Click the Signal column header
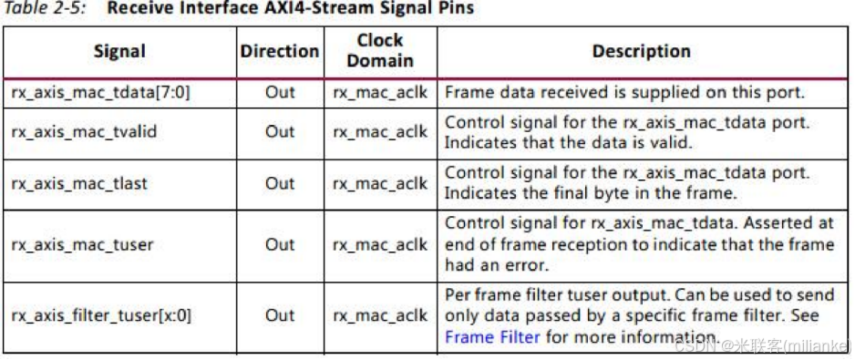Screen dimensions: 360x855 118,51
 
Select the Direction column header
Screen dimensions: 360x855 280,51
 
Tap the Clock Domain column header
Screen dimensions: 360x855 380,51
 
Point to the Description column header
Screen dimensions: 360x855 641,51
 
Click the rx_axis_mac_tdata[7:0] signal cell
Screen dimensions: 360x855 100,92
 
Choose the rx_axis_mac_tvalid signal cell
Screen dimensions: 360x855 84,132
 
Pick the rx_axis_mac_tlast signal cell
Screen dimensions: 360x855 79,183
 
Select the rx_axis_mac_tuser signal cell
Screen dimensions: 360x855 82,244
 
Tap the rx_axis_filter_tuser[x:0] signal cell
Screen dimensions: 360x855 101,315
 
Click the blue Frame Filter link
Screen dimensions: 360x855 492,337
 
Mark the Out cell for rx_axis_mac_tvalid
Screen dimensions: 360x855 280,132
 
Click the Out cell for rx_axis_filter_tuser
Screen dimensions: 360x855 280,315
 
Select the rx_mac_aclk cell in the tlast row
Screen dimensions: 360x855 380,183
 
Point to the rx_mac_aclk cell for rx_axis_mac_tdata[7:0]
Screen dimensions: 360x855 380,92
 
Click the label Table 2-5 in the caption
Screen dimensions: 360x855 44,9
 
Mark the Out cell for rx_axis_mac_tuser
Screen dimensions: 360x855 280,244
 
